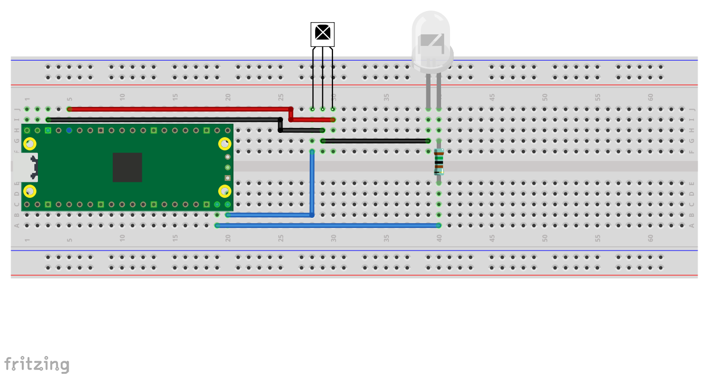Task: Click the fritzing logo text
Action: (37, 364)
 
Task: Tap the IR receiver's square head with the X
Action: (322, 34)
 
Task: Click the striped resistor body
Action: (438, 162)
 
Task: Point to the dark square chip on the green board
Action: (127, 167)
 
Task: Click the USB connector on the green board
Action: (26, 167)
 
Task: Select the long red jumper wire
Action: (179, 109)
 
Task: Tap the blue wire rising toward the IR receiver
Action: (312, 185)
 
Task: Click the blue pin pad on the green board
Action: (69, 130)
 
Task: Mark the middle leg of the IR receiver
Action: (322, 79)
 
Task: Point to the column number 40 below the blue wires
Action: (439, 238)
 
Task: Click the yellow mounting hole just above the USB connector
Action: (31, 143)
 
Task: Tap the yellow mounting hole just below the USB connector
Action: (31, 191)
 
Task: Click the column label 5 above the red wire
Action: (70, 98)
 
